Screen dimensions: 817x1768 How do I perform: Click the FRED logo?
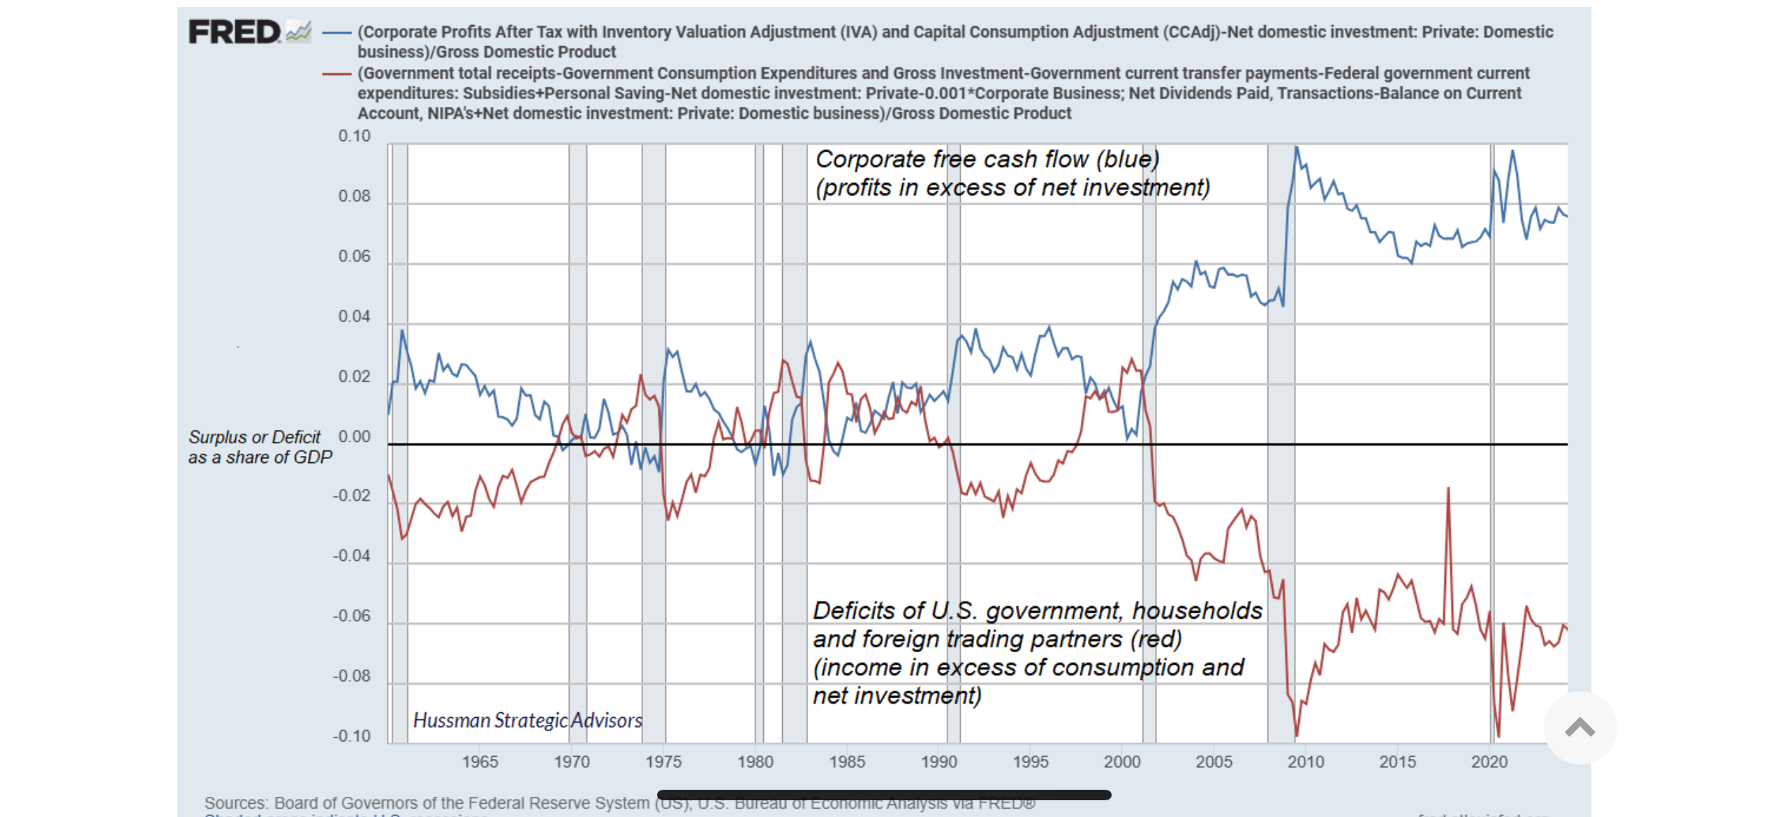coord(235,32)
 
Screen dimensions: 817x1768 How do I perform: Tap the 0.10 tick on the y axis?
coord(354,136)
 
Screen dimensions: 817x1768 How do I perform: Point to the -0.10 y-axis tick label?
coord(351,736)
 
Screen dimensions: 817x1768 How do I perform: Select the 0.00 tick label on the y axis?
coord(354,436)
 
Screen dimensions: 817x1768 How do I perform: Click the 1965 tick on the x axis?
coord(480,762)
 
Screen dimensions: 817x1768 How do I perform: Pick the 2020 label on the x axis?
coord(1489,762)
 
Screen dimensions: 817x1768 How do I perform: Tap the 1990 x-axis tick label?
coord(938,762)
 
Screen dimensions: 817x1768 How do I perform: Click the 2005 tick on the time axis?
coord(1214,762)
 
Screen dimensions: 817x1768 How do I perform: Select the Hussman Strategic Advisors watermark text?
coord(527,720)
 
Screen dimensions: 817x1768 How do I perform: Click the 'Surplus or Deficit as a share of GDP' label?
coord(260,447)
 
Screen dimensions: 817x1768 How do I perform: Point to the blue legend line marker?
coord(337,32)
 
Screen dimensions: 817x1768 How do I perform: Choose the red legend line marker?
coord(337,73)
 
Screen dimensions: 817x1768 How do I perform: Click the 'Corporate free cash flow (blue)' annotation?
coord(987,159)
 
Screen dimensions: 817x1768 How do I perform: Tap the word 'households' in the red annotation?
coord(1197,610)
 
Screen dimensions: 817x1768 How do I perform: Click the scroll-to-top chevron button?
coord(1579,728)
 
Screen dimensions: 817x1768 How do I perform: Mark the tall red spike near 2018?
coord(1448,489)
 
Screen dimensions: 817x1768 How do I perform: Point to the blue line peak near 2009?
coord(1296,147)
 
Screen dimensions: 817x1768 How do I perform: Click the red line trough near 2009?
coord(1297,735)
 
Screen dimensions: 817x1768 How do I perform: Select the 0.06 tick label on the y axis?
coord(354,256)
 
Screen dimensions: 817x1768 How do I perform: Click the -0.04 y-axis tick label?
coord(351,556)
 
